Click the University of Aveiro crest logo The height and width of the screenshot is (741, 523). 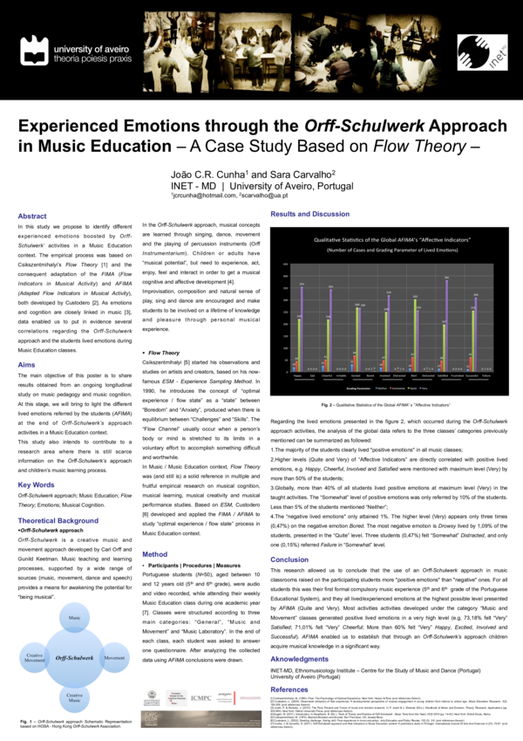tap(33, 48)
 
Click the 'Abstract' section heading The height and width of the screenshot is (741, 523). tap(33, 215)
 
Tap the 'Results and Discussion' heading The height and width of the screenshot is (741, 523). tap(311, 213)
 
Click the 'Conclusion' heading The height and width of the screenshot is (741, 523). tap(289, 534)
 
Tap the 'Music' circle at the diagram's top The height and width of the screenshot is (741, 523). tap(74, 593)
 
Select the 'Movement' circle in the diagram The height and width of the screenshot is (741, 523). tap(114, 632)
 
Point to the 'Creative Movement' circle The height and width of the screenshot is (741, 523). tap(35, 632)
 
